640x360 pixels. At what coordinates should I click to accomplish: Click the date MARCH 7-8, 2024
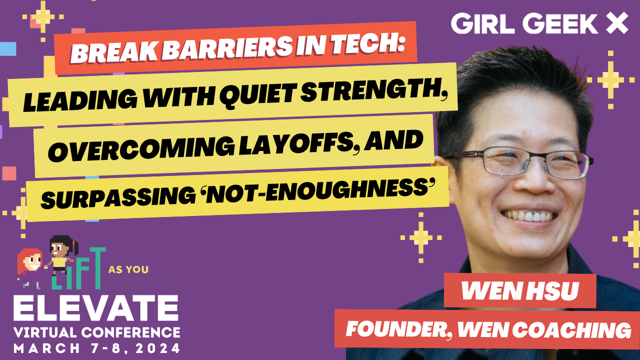click(97, 348)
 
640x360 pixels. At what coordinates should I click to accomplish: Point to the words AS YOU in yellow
click(128, 269)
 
